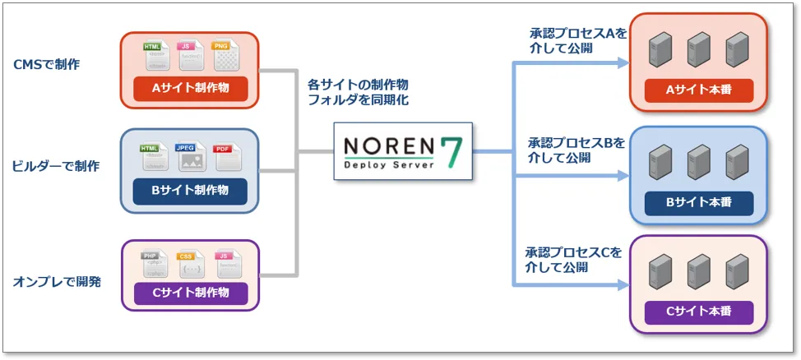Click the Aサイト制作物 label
point(191,89)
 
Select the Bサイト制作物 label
point(191,191)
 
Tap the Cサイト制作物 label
point(191,293)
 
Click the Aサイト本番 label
point(698,90)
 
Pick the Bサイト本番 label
point(698,201)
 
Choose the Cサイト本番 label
point(698,312)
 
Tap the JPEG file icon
point(190,159)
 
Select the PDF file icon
point(223,158)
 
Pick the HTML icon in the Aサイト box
point(155,57)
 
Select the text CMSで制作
point(47,63)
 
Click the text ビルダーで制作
point(56,166)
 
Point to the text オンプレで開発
point(57,282)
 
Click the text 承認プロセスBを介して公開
point(576,150)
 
